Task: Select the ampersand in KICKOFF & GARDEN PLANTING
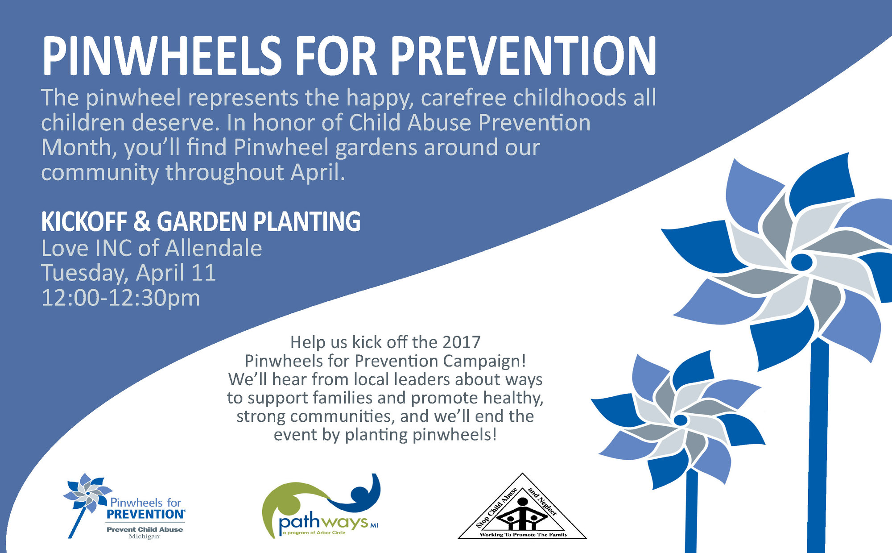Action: pyautogui.click(x=142, y=221)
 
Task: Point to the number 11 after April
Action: pyautogui.click(x=203, y=273)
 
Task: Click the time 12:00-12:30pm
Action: pyautogui.click(x=120, y=298)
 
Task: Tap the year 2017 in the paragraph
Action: pyautogui.click(x=461, y=342)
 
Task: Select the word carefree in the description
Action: pyautogui.click(x=463, y=98)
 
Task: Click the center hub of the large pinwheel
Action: pyautogui.click(x=801, y=262)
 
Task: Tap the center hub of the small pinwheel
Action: pyautogui.click(x=681, y=420)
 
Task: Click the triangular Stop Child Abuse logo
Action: pyautogui.click(x=522, y=511)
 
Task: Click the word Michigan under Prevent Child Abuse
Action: pyautogui.click(x=144, y=536)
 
